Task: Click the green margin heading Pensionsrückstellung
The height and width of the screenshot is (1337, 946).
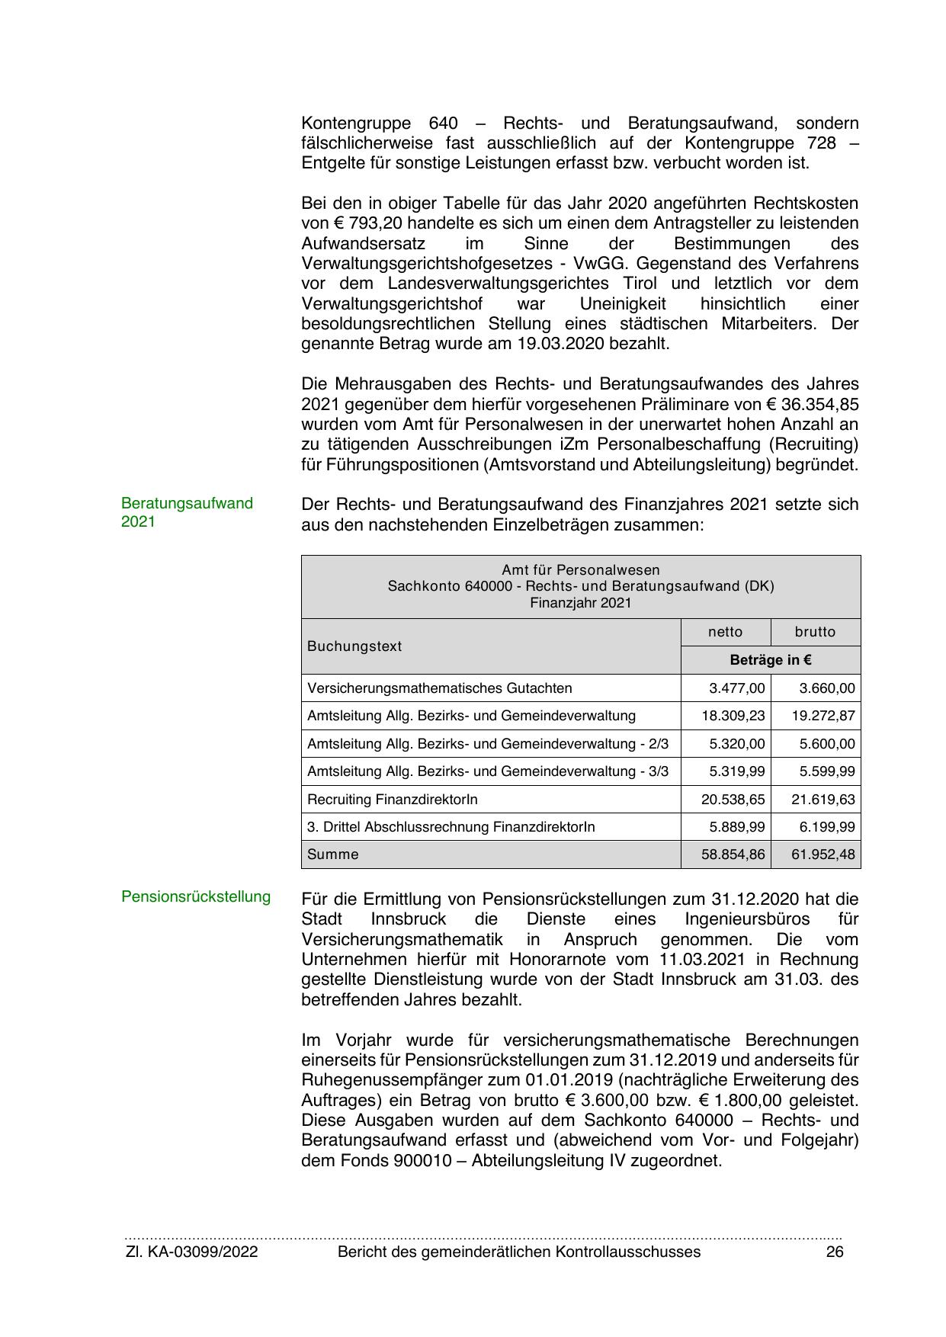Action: tap(196, 896)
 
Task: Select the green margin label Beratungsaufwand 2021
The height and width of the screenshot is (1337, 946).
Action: tap(187, 512)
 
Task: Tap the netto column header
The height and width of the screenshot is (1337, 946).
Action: tap(725, 632)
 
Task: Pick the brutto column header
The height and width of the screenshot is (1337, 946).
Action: tap(815, 632)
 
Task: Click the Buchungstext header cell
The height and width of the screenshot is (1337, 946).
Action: tap(354, 646)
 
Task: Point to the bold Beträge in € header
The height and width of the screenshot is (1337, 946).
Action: tap(770, 660)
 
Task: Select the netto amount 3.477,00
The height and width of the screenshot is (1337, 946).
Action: tap(736, 688)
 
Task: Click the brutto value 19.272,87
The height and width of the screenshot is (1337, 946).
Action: tap(823, 716)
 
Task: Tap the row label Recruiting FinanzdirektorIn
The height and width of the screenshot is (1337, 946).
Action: tap(393, 799)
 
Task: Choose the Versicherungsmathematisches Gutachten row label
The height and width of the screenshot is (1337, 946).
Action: tap(439, 688)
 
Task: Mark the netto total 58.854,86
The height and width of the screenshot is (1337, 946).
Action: tap(733, 854)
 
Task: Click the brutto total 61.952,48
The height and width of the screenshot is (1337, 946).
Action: tap(823, 854)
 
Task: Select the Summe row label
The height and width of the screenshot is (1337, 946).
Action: tap(332, 854)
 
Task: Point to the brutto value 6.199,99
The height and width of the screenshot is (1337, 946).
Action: tap(826, 827)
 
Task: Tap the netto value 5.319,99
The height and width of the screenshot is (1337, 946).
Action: tap(736, 771)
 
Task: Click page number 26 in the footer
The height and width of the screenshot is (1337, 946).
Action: tap(835, 1252)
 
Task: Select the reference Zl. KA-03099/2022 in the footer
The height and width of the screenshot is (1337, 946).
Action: tap(191, 1252)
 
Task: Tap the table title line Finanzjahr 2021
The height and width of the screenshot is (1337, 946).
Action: tap(581, 603)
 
